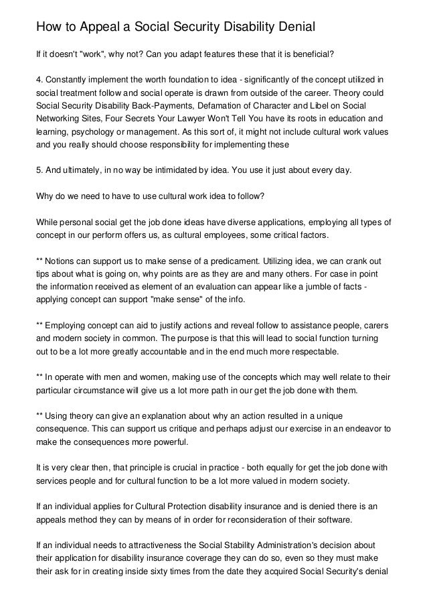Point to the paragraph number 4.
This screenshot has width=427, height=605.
point(39,80)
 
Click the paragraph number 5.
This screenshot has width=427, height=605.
point(39,170)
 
